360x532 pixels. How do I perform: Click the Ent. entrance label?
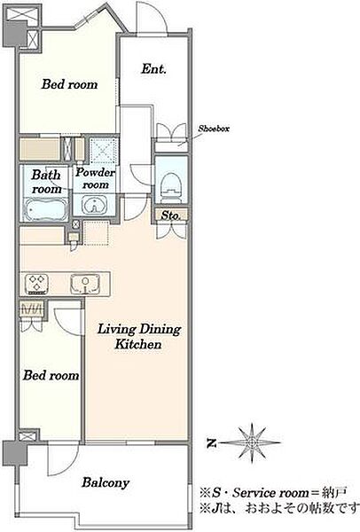click(153, 69)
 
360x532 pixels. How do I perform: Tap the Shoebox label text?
click(214, 129)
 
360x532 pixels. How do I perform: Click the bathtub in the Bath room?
click(46, 210)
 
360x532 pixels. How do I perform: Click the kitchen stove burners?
click(36, 284)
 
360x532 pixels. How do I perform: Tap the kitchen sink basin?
click(85, 284)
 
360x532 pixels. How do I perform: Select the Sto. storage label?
click(169, 215)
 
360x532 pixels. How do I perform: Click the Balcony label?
click(106, 482)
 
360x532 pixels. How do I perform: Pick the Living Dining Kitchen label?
click(139, 337)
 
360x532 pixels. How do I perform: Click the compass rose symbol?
click(252, 442)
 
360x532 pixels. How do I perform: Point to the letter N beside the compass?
click(212, 443)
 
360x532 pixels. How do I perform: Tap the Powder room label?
click(96, 178)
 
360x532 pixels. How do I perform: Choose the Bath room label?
click(46, 182)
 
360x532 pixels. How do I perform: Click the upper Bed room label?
click(69, 84)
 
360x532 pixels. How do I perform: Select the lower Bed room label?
click(51, 375)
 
